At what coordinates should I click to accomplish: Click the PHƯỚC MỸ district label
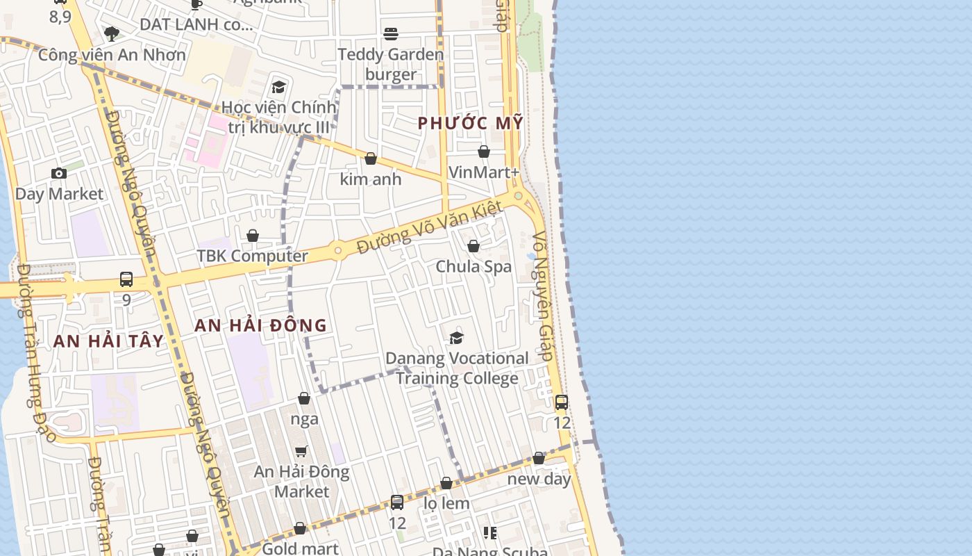(x=470, y=124)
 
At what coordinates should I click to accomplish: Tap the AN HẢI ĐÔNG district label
(x=260, y=325)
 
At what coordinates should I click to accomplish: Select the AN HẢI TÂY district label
(x=108, y=341)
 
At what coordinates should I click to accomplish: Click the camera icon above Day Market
(x=59, y=173)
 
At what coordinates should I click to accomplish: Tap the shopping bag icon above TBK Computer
(x=253, y=236)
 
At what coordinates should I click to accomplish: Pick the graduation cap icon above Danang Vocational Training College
(x=456, y=338)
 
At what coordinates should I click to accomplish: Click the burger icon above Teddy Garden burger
(x=391, y=34)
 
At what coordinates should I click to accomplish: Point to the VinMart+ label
(x=484, y=172)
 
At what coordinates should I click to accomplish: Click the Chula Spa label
(x=474, y=266)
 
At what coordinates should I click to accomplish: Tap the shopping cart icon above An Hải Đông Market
(x=301, y=451)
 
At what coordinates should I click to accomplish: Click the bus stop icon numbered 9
(x=126, y=279)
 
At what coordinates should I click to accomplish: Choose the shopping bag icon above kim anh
(x=371, y=158)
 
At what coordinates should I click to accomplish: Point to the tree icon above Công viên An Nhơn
(x=111, y=33)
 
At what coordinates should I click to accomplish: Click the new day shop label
(x=539, y=479)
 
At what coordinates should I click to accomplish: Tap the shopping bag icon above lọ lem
(x=446, y=483)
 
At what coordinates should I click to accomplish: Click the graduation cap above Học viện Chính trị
(x=278, y=87)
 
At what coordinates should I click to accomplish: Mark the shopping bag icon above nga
(x=304, y=398)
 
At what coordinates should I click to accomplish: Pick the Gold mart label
(x=300, y=548)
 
